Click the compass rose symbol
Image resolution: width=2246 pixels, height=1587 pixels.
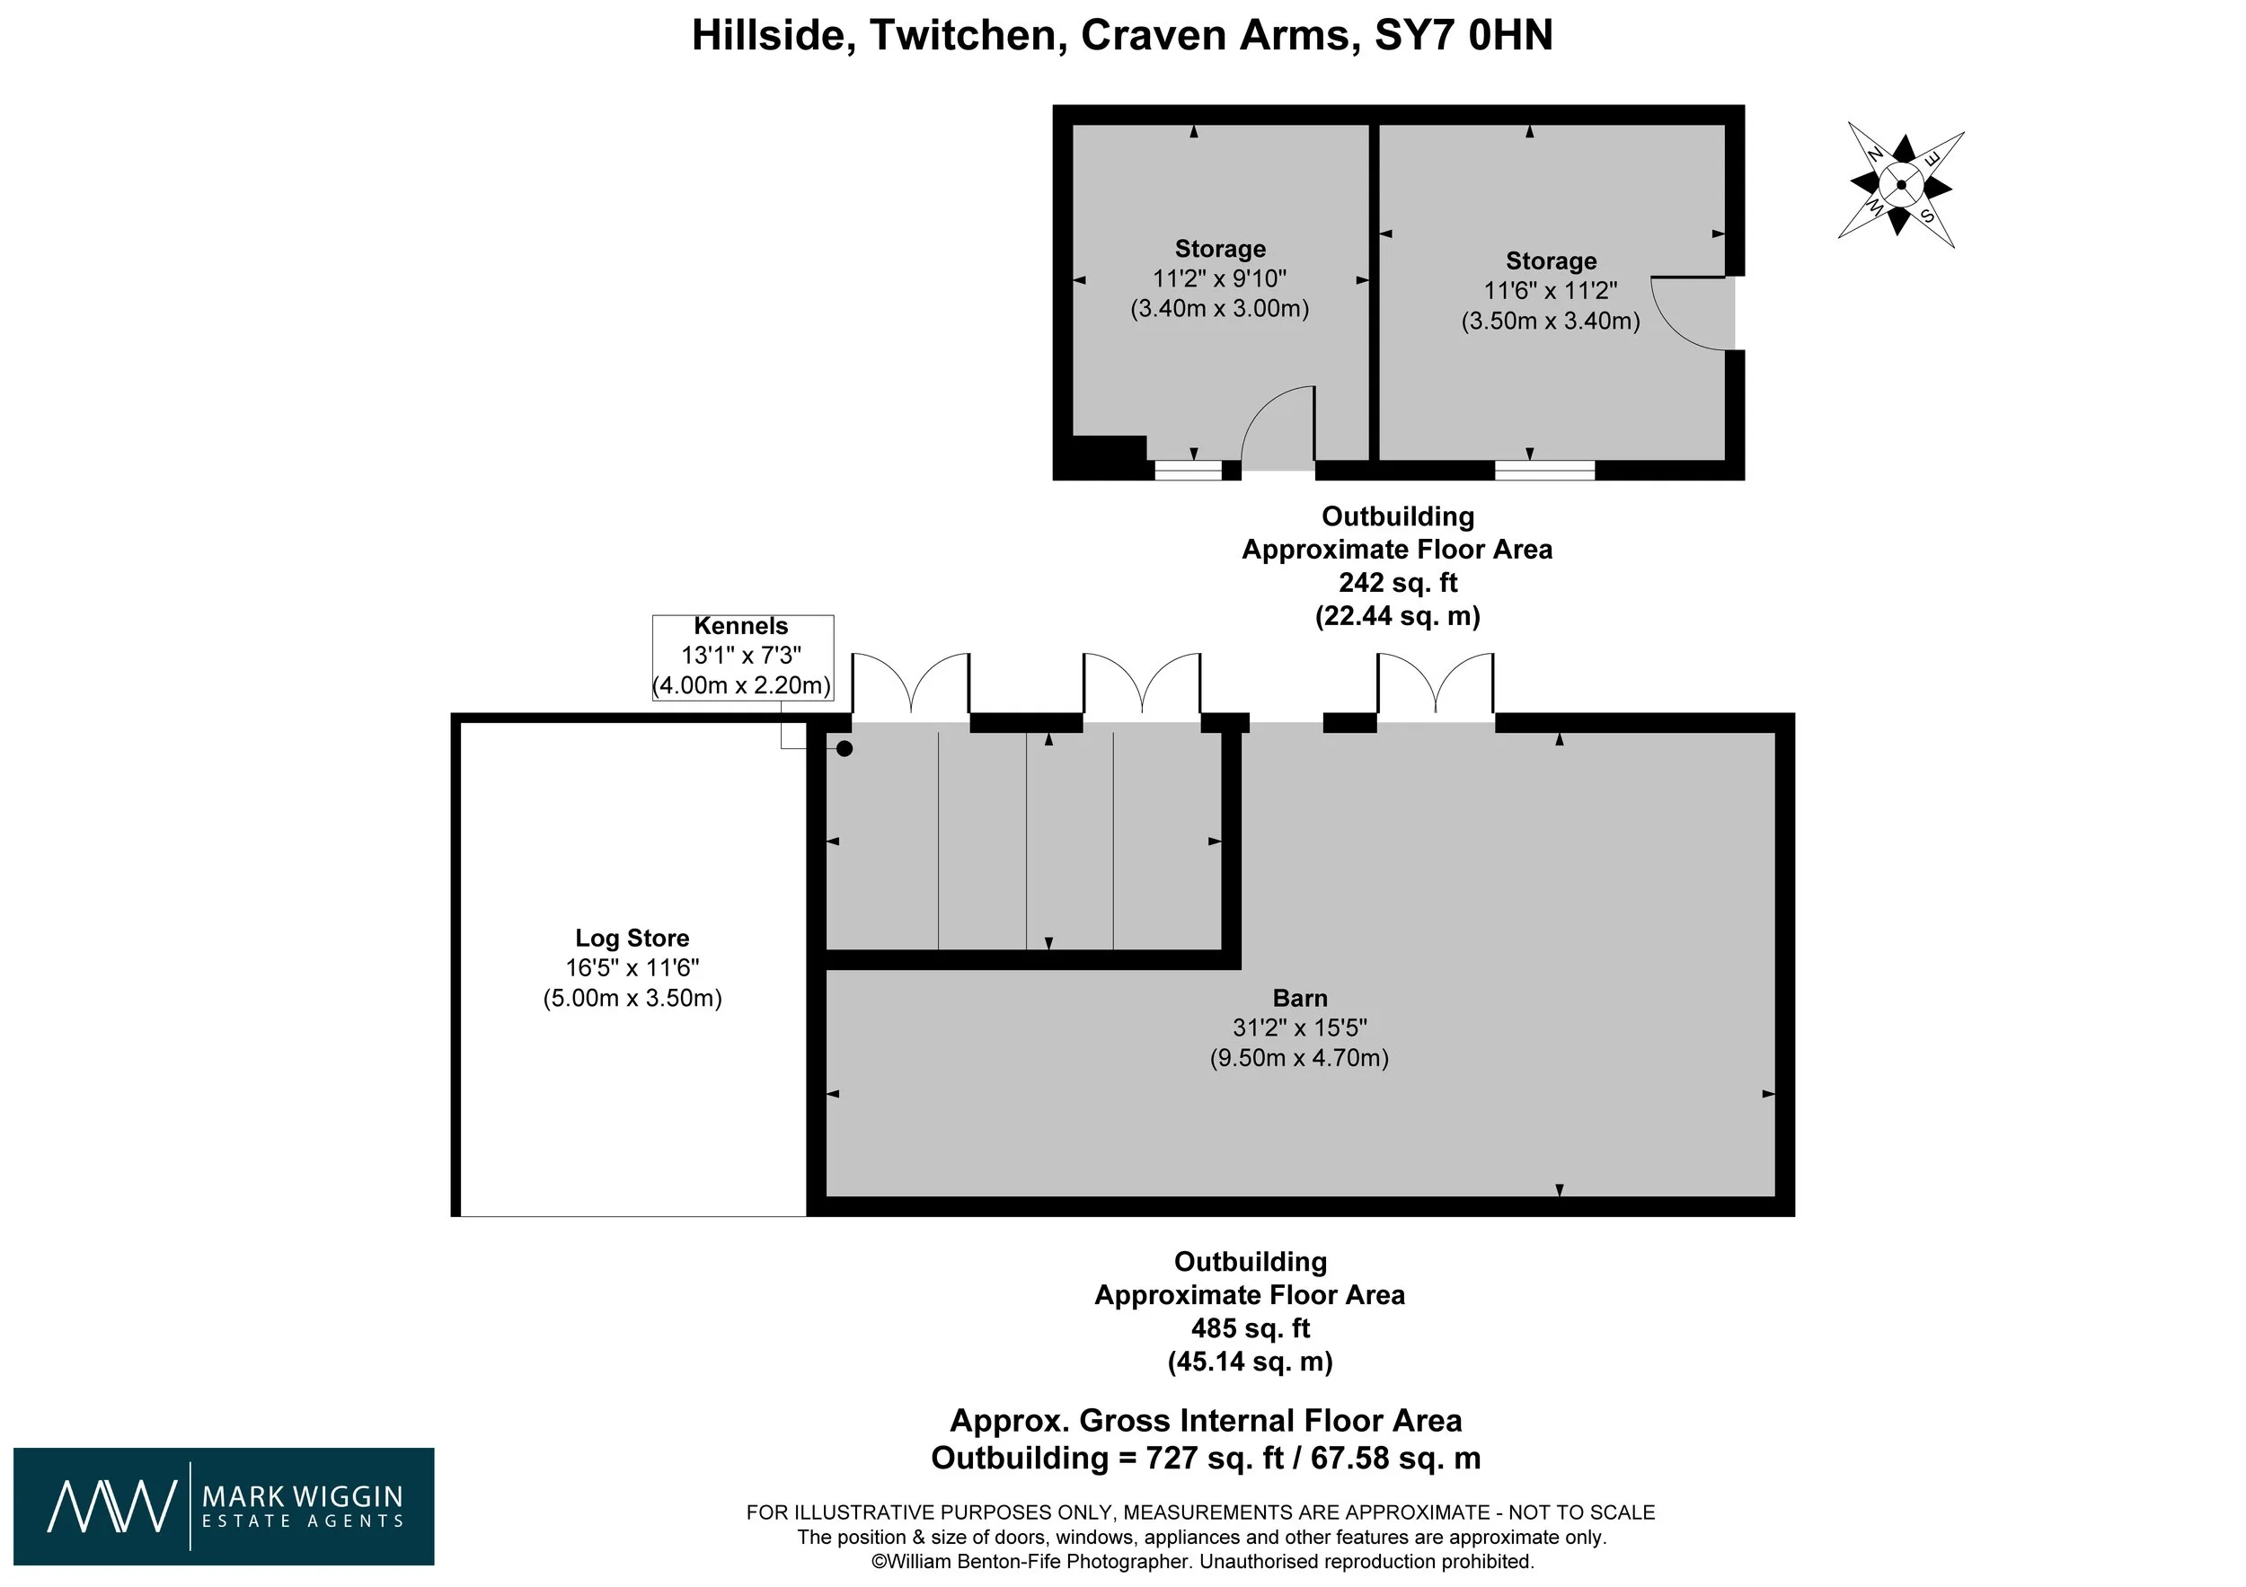[1901, 185]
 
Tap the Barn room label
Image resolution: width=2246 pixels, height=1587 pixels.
[1300, 999]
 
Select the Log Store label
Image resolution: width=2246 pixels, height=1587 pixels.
[632, 939]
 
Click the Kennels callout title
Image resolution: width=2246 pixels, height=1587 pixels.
[740, 627]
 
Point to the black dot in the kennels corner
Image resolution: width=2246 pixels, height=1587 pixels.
[844, 749]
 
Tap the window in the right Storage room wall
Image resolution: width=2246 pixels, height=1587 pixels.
[1544, 471]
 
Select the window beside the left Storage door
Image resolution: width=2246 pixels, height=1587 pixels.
[1189, 471]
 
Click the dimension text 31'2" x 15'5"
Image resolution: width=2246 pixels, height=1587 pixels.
[1300, 1027]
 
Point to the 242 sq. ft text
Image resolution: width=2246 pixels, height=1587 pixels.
[1398, 583]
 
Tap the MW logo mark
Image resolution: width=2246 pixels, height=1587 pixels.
[112, 1507]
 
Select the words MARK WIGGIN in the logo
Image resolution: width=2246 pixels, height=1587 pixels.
[302, 1496]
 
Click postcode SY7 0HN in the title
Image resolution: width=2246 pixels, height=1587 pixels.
[1463, 36]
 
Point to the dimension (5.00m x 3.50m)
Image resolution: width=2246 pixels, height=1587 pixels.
[632, 999]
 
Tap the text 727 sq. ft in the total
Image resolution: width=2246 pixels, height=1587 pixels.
[1201, 1458]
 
